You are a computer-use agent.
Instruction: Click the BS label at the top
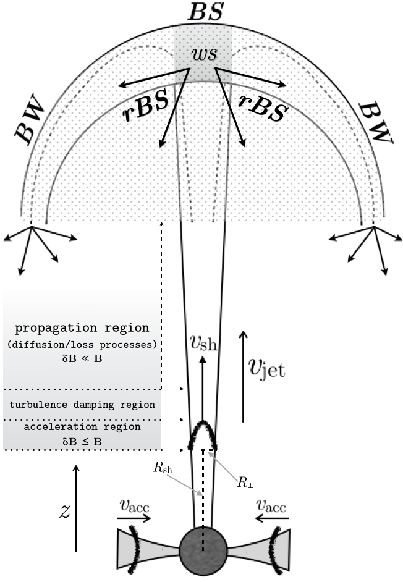click(201, 12)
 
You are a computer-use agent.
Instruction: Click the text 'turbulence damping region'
click(82, 405)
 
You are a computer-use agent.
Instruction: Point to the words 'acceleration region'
click(82, 427)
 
